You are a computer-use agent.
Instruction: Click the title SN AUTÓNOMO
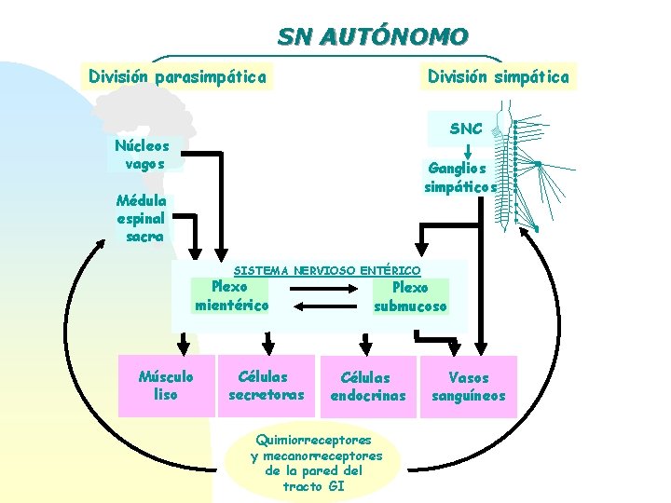(x=372, y=37)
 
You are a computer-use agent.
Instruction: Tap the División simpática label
(x=498, y=76)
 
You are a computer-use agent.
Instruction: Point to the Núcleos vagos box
(x=143, y=155)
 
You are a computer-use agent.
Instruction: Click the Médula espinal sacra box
(x=142, y=218)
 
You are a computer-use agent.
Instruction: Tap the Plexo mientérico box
(x=231, y=296)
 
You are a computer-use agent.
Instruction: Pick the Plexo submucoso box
(x=411, y=297)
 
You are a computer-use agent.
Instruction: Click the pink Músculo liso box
(x=166, y=386)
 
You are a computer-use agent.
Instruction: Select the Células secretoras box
(x=266, y=386)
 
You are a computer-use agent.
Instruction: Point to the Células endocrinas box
(x=367, y=387)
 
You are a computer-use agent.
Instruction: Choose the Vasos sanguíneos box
(x=468, y=387)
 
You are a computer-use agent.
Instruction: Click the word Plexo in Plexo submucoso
(x=411, y=288)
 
